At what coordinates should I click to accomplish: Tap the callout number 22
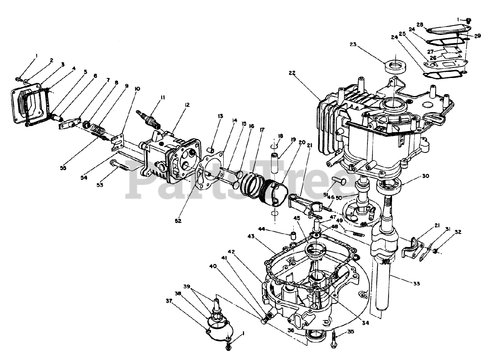[292, 73]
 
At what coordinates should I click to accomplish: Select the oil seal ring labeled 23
[395, 67]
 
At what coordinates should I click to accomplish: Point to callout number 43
[251, 236]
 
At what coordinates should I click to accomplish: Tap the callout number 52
[178, 221]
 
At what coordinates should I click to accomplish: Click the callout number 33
[416, 284]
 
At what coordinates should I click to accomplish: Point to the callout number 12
[187, 105]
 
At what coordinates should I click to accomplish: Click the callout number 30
[426, 176]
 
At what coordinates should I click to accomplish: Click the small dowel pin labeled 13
[211, 151]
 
